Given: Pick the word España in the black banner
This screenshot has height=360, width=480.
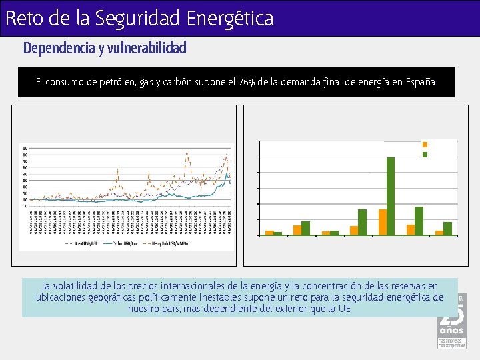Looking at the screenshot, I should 419,82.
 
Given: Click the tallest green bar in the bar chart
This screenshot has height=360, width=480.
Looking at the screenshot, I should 391,196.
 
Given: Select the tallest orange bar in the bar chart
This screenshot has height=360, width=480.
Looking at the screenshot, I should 382,222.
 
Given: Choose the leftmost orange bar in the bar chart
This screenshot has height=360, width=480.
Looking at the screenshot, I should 269,233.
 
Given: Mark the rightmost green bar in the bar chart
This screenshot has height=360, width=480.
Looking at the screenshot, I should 448,228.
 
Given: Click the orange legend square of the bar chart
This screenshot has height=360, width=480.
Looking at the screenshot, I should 425,144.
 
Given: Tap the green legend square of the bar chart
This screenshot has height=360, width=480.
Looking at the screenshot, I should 425,154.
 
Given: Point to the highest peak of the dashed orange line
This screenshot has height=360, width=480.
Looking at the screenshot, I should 187,153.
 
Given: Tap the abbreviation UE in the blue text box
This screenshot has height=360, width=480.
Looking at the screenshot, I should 343,309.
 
